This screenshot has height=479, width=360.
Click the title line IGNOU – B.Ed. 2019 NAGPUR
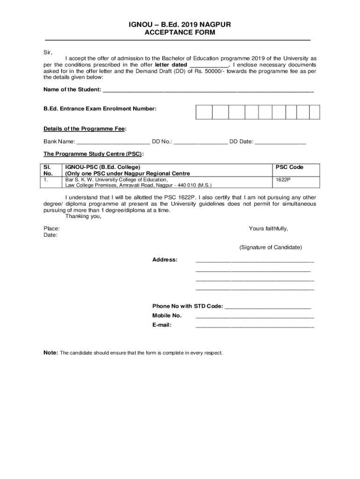point(180,24)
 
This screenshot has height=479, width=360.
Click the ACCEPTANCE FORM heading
point(180,32)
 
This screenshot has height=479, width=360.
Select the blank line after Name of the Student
point(208,90)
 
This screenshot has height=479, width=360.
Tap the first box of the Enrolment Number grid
point(204,112)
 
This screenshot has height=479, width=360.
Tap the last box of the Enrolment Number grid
point(315,112)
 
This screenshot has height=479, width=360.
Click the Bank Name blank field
point(113,142)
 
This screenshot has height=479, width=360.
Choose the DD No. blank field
point(201,142)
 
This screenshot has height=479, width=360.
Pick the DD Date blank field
point(281,142)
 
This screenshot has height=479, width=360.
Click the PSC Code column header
point(289,167)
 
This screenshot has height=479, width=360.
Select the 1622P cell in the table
point(283,179)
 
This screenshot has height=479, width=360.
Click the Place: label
point(51,228)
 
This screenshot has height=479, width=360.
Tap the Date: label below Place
point(50,235)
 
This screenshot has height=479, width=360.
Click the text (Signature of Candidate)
point(270,247)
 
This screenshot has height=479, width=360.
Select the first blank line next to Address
point(255,261)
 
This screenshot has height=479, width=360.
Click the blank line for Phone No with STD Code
point(268,307)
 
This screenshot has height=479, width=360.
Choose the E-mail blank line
point(255,326)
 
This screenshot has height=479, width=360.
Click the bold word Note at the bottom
point(50,352)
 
